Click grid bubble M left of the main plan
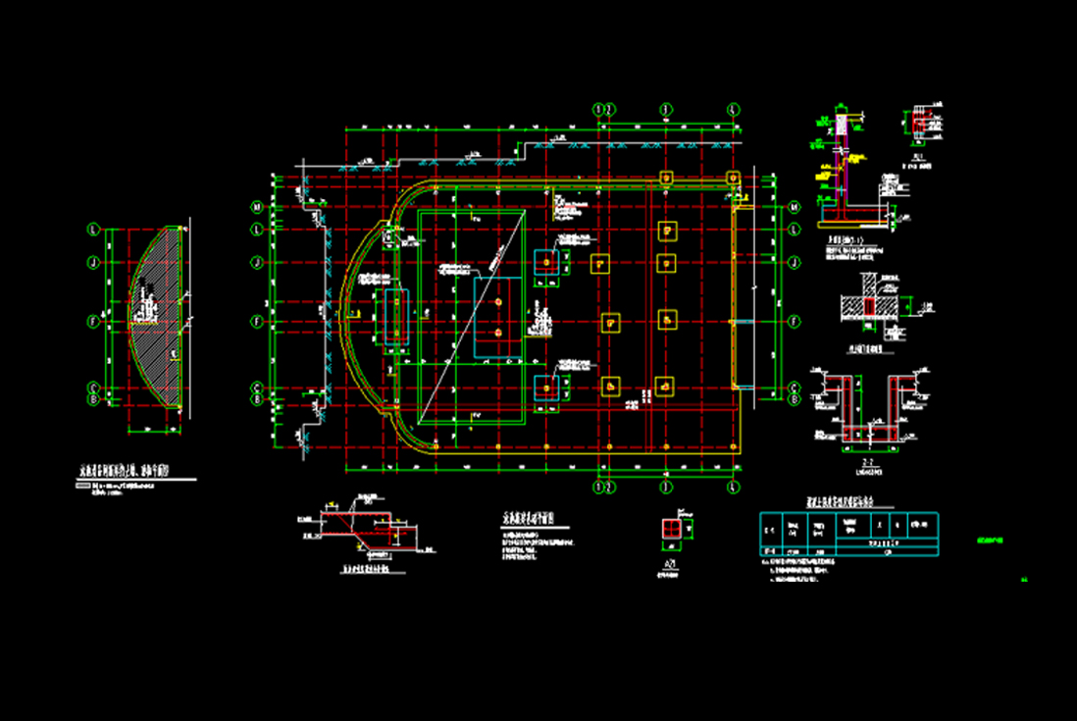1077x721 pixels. pyautogui.click(x=257, y=207)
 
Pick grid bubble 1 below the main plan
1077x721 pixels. pyautogui.click(x=599, y=487)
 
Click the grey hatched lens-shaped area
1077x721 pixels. pyautogui.click(x=157, y=319)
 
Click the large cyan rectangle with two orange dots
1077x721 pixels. pyautogui.click(x=499, y=317)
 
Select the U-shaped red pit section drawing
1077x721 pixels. pyautogui.click(x=869, y=407)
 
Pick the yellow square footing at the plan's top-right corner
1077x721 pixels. pyautogui.click(x=732, y=177)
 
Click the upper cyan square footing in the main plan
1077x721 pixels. pyautogui.click(x=544, y=262)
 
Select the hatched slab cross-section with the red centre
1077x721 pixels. pyautogui.click(x=868, y=308)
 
